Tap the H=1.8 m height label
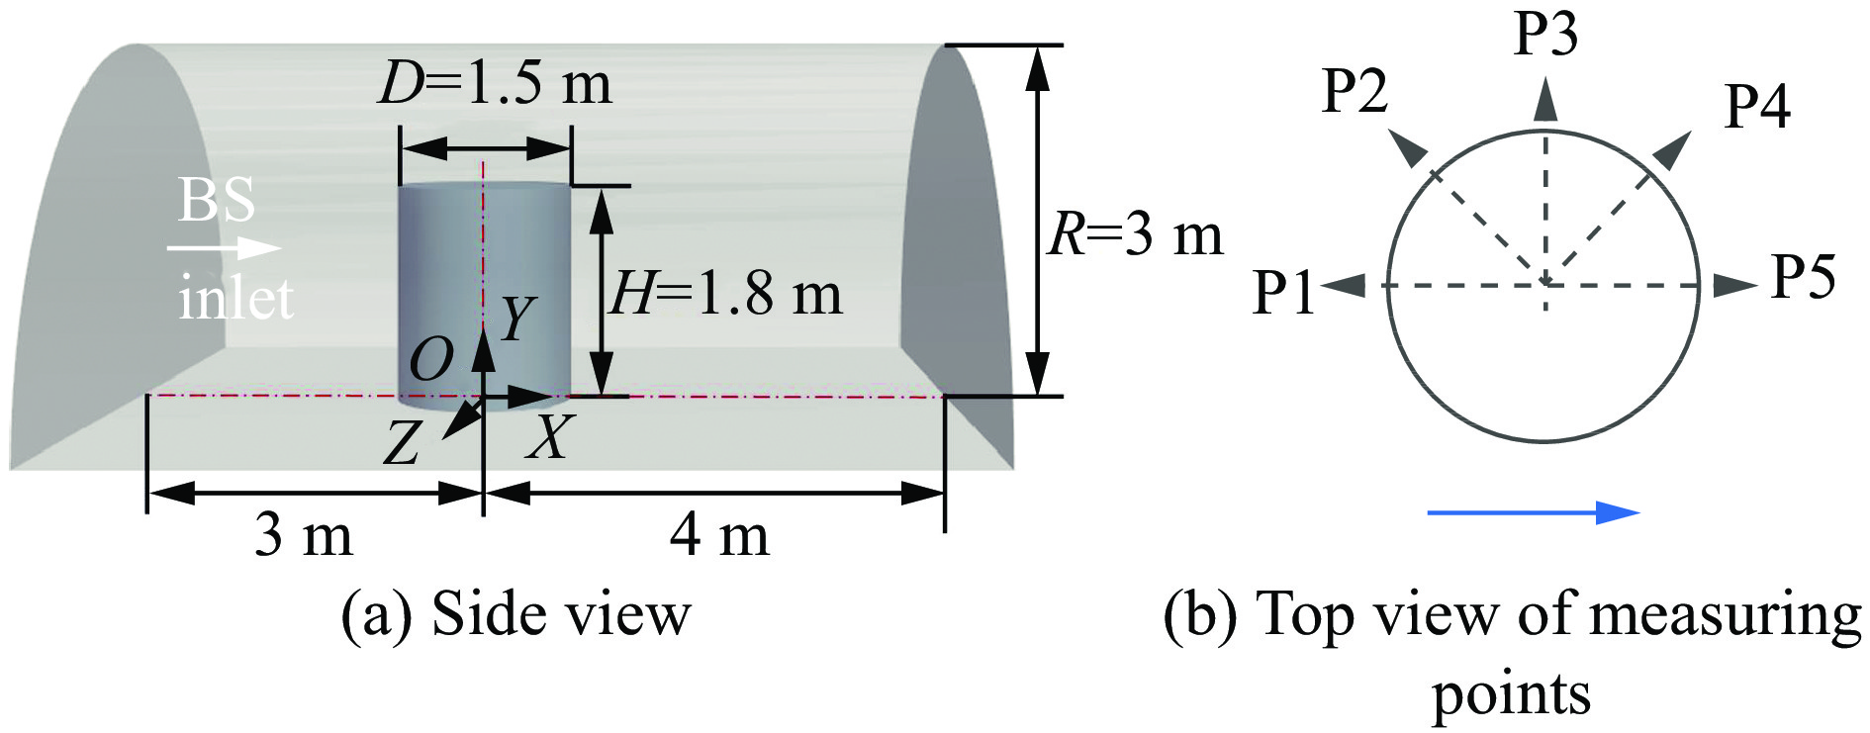[x=725, y=294]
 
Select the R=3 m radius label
[x=1135, y=235]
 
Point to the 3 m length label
[x=304, y=535]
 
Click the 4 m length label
[x=719, y=535]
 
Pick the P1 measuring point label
[x=1283, y=293]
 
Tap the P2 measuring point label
[x=1356, y=91]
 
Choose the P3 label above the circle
[x=1545, y=34]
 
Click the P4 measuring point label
[x=1757, y=106]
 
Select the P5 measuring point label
[x=1803, y=276]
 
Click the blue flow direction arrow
[x=1533, y=511]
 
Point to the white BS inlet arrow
[x=224, y=248]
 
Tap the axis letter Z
[x=402, y=443]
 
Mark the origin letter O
[x=431, y=359]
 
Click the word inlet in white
[x=235, y=297]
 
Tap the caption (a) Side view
[x=515, y=614]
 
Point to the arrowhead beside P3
[x=1545, y=101]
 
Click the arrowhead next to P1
[x=1344, y=286]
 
